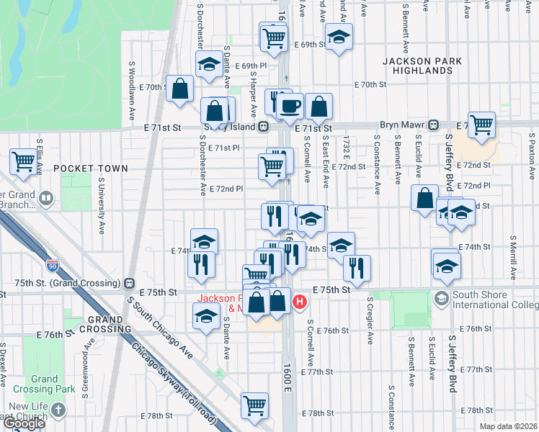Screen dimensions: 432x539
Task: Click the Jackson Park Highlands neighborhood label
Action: [417, 66]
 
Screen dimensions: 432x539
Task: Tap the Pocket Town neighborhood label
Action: [91, 168]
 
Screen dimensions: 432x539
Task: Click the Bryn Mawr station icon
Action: [434, 124]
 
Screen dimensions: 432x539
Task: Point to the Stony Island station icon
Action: [264, 126]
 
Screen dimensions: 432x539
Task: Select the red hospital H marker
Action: [300, 301]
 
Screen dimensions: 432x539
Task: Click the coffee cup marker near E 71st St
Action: [290, 106]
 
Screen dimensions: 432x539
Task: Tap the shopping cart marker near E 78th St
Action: [255, 406]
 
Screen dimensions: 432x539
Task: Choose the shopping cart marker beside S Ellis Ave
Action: [24, 161]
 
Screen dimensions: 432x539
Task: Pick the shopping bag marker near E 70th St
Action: [180, 89]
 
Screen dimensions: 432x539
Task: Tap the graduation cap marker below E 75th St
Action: [206, 315]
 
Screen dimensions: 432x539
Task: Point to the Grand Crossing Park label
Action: [44, 384]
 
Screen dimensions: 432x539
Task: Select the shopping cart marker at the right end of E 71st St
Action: [481, 124]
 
